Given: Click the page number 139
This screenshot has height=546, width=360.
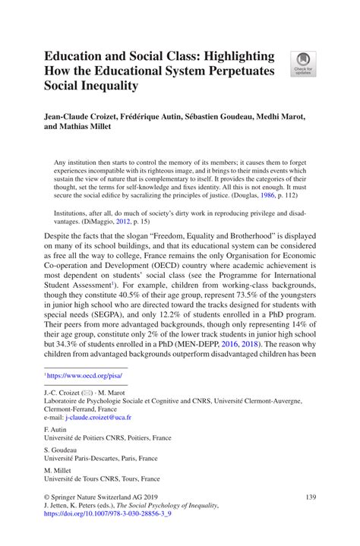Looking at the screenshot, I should click(x=309, y=497).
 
